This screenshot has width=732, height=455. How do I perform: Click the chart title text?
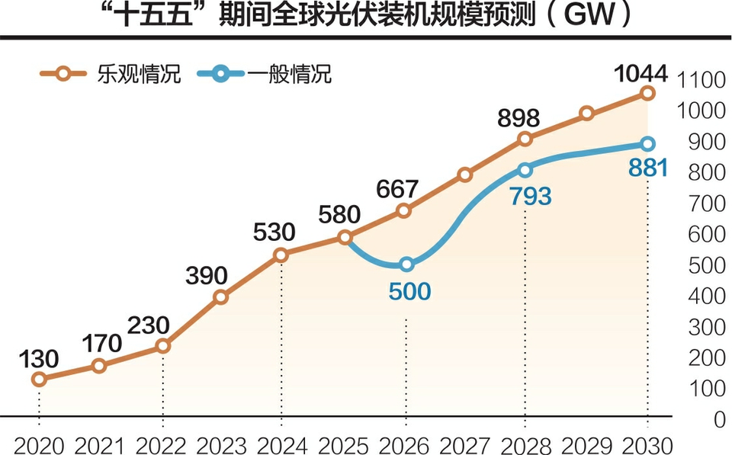click(365, 16)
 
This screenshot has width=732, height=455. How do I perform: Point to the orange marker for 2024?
click(281, 255)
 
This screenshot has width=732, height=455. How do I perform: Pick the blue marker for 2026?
click(406, 264)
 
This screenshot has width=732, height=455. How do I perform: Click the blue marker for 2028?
click(525, 170)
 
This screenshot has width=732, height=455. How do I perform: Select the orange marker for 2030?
click(647, 93)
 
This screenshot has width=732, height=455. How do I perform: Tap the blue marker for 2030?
click(647, 143)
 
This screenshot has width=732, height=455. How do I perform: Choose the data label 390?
click(205, 276)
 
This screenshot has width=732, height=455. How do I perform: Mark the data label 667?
click(396, 188)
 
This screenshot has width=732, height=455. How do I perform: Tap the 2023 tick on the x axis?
click(220, 444)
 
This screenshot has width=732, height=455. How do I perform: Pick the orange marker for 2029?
click(586, 114)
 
